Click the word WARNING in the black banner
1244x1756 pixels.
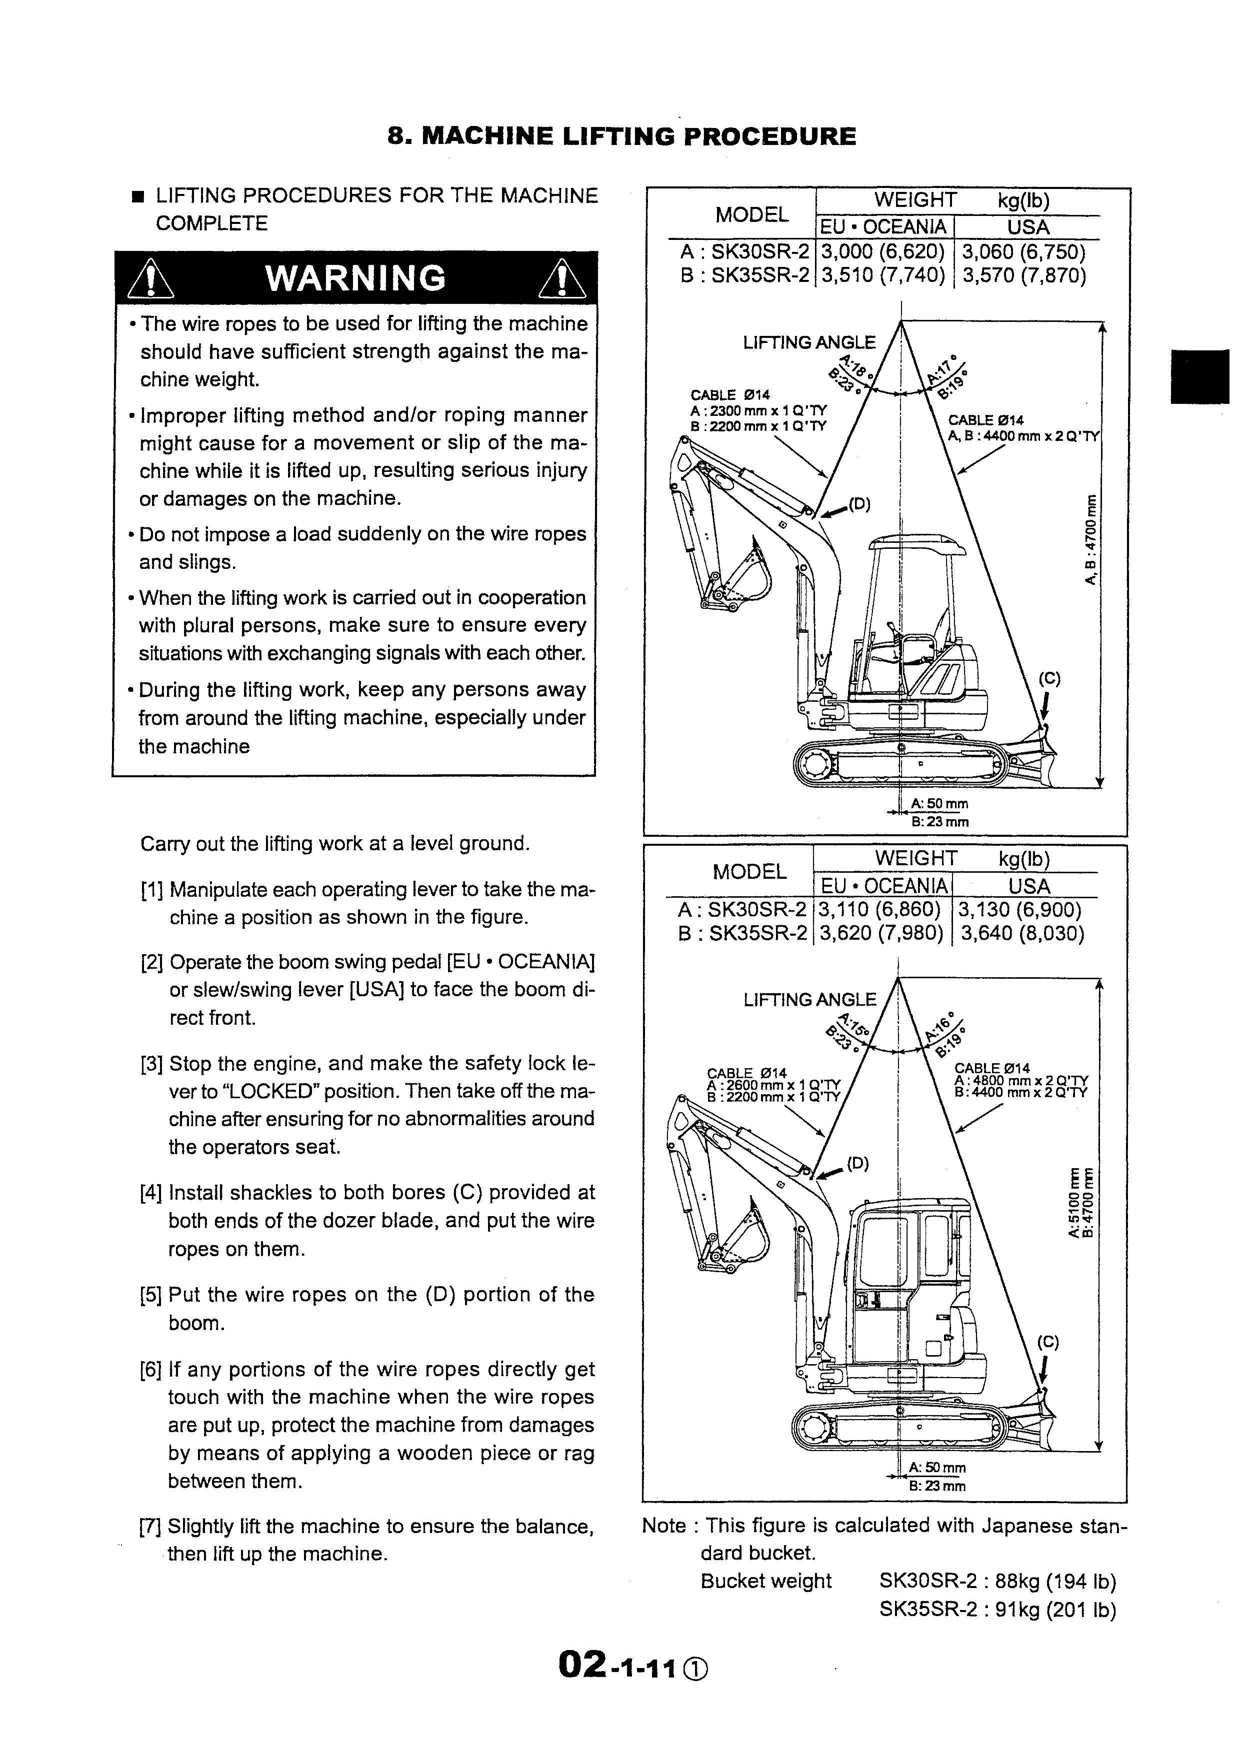[355, 278]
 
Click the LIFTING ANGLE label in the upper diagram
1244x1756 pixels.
[809, 342]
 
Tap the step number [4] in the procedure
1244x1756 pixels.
[151, 1192]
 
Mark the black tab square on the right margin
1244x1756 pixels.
[1199, 376]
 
